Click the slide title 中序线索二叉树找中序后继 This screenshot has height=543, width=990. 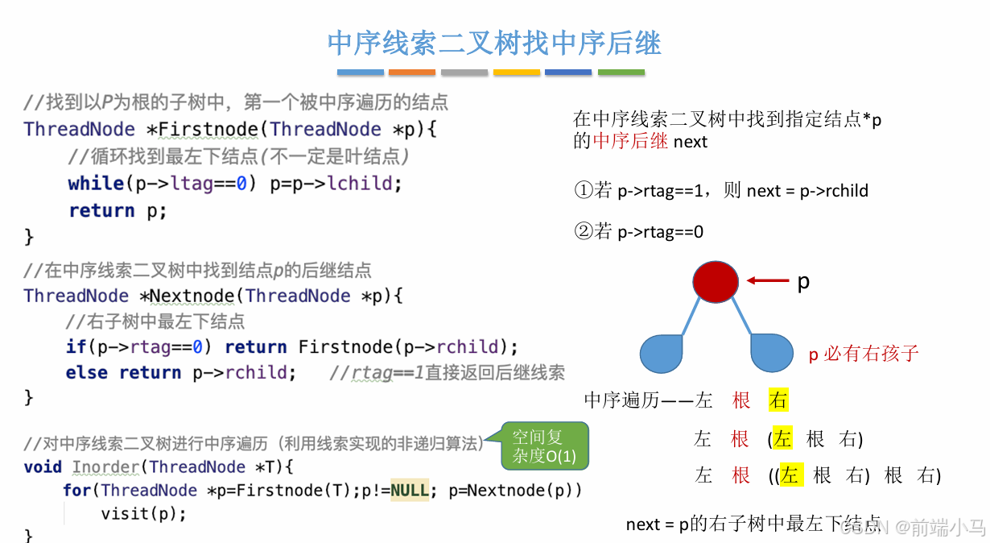click(494, 43)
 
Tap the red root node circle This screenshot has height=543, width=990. click(715, 281)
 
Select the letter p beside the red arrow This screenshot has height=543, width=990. click(802, 282)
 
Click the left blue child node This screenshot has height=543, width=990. click(662, 353)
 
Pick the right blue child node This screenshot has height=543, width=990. click(773, 352)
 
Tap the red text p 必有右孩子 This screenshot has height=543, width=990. click(863, 353)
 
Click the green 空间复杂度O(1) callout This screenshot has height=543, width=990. click(543, 447)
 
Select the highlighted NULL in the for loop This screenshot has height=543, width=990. click(410, 490)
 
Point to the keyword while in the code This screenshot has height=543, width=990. click(96, 183)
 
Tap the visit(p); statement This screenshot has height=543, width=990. click(143, 513)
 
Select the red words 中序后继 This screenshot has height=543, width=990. click(630, 141)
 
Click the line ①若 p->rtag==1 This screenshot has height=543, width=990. click(721, 191)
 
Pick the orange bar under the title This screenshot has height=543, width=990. click(412, 73)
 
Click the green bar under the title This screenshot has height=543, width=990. click(621, 73)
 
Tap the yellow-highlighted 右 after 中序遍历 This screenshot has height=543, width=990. click(778, 400)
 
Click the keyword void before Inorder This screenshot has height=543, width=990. click(43, 466)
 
